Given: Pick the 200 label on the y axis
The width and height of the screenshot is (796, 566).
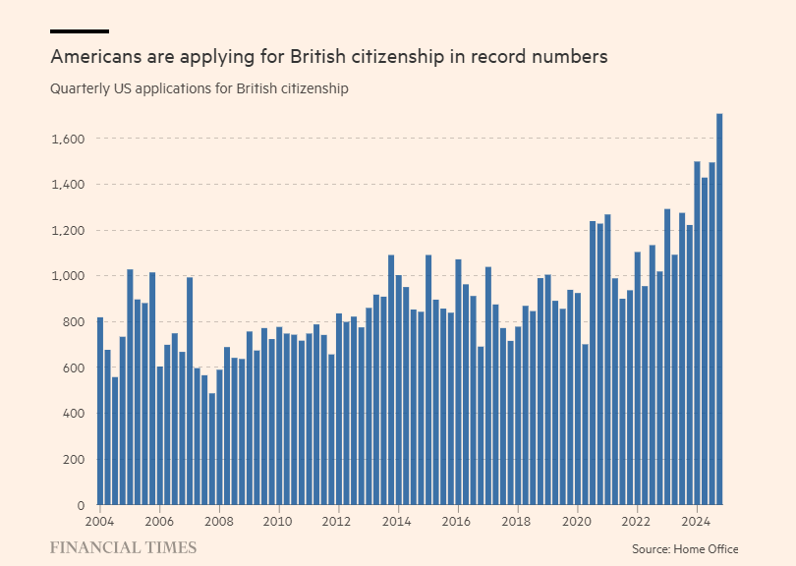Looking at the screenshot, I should pos(74,460).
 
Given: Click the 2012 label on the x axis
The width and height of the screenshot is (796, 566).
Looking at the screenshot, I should pos(338,521).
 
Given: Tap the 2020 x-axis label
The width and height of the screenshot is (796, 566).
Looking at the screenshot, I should pos(577,521).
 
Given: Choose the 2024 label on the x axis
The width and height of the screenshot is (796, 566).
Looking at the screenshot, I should pos(696,521).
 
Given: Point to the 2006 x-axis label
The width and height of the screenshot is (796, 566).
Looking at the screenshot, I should pos(159,521).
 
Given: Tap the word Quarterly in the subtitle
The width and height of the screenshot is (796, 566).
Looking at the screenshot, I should pos(83,89).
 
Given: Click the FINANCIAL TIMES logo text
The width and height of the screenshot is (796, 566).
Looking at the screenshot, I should pos(123,548).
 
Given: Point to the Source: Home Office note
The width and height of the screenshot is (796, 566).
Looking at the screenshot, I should pos(684,549).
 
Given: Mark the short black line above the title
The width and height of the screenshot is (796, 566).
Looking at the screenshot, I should pos(79,31).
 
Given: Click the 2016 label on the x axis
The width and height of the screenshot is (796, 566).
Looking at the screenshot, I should pos(457,521).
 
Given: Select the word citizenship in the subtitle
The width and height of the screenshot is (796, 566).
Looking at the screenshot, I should pos(314,89).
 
